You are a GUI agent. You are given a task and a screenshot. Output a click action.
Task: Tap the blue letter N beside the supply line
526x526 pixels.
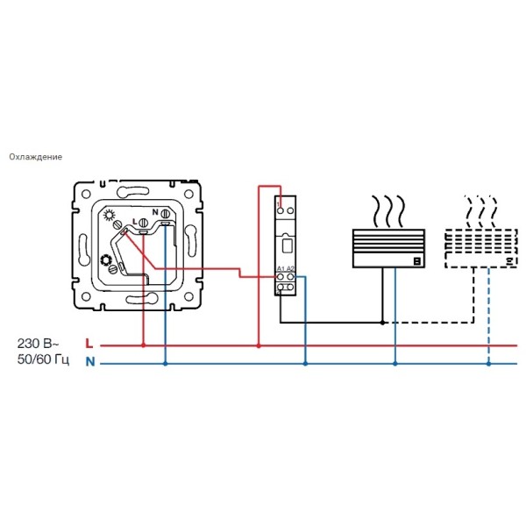coord(89,362)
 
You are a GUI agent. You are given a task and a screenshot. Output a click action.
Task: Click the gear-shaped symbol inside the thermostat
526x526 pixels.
coord(109,259)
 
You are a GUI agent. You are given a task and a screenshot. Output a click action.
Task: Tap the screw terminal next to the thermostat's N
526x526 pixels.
coord(165,225)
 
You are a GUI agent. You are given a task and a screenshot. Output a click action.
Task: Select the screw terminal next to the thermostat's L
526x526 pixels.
coord(143,225)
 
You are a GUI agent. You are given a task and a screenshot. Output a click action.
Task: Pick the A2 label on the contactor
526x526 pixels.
coord(290,267)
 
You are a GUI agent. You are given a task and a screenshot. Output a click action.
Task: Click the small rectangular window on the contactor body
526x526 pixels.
coord(286,246)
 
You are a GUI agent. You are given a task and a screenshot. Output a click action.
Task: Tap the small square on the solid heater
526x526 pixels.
coord(416,260)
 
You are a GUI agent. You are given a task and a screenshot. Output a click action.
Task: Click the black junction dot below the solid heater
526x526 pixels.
coord(383,323)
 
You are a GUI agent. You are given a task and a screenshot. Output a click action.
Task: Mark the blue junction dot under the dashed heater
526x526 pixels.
coord(488,362)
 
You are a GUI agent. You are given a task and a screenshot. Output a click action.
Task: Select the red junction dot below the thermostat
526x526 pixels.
coord(143,345)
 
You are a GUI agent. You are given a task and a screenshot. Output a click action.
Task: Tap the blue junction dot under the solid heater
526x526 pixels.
coord(395,362)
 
